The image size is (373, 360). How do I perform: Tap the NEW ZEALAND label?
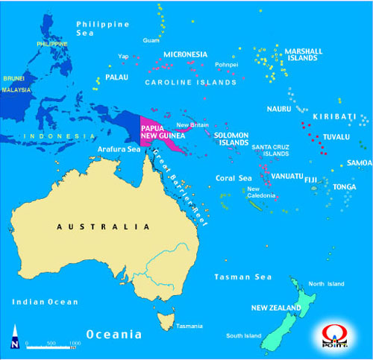point(276,307)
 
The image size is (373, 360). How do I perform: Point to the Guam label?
point(151,40)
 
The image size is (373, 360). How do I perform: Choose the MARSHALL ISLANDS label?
point(304,54)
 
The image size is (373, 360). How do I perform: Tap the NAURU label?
point(278,109)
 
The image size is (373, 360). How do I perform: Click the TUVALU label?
point(336,137)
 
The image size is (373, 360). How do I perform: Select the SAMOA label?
point(359,162)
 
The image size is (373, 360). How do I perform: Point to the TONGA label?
point(345,187)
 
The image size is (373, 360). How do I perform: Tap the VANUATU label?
point(287,176)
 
